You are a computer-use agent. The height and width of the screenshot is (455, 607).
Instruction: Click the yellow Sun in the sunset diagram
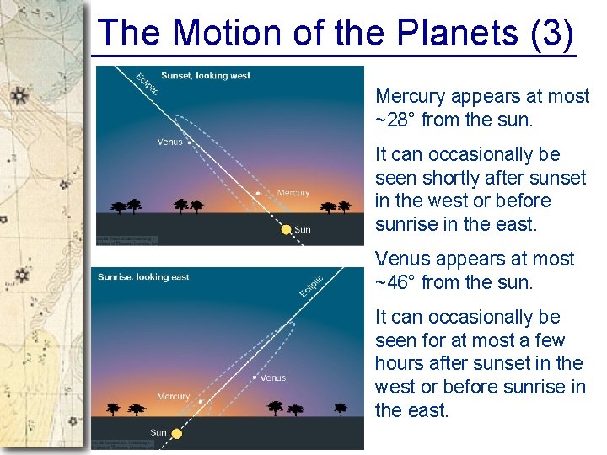(287, 229)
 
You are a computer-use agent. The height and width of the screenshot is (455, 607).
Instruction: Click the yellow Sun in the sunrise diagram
(177, 434)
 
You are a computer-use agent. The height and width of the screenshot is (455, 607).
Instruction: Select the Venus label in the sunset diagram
(169, 142)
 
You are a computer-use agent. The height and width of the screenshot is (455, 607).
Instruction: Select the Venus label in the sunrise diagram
(273, 378)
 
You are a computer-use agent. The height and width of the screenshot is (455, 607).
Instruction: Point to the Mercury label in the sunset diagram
(293, 193)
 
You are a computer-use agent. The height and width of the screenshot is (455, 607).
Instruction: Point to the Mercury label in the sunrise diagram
(173, 396)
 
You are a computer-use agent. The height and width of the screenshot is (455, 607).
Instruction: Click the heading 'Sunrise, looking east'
(143, 277)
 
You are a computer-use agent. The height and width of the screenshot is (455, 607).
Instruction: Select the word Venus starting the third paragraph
(401, 259)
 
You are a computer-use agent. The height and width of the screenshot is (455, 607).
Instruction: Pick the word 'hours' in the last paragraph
(401, 364)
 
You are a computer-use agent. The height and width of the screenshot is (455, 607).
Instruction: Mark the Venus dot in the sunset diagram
(189, 142)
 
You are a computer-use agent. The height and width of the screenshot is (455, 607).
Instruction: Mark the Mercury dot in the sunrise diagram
(201, 402)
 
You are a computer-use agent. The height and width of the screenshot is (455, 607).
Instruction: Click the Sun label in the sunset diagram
(303, 229)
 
